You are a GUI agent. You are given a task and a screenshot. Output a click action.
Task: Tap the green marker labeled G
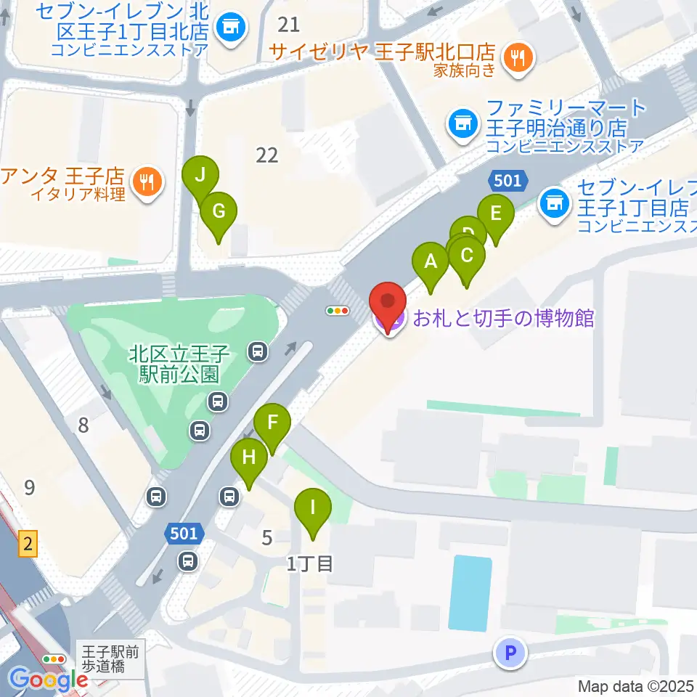[219, 211]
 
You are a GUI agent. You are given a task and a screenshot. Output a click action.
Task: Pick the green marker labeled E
[496, 214]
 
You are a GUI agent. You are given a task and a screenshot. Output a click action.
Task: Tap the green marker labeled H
[249, 458]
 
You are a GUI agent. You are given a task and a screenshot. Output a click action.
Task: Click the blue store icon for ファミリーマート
[462, 121]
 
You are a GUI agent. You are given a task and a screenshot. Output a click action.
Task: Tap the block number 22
[267, 155]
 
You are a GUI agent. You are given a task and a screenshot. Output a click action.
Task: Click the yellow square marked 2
[28, 544]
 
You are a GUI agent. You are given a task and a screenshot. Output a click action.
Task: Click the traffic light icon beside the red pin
[338, 311]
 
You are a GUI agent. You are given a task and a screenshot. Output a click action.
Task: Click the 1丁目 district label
[309, 563]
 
